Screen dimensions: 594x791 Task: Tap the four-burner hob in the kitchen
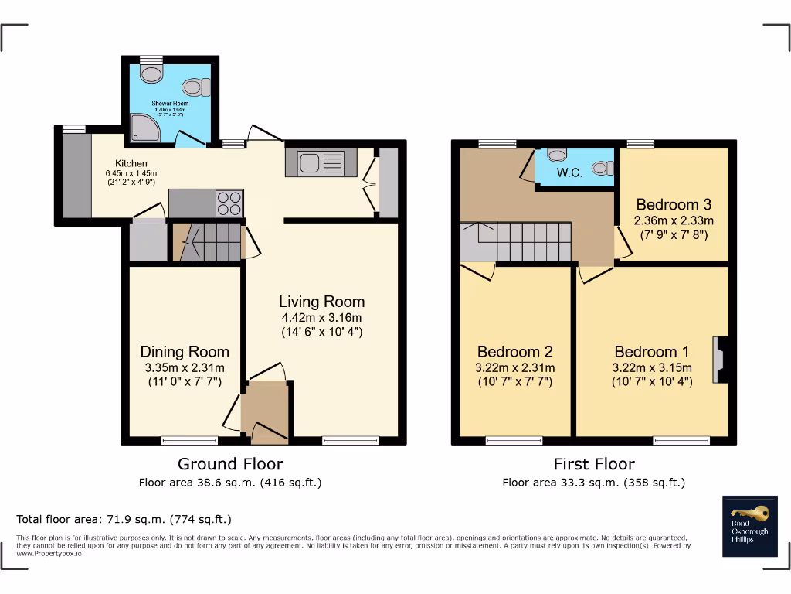(x=229, y=203)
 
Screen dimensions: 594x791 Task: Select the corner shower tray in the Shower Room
(x=145, y=129)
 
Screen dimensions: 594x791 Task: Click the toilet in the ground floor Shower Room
(x=196, y=87)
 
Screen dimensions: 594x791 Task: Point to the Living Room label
(x=321, y=302)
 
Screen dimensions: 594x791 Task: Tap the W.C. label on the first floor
(x=569, y=173)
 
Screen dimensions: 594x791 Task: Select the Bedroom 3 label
(x=674, y=205)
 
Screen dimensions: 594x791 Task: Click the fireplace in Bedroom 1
(x=720, y=360)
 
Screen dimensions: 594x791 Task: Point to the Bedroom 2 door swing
(x=480, y=271)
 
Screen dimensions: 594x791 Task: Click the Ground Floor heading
(x=230, y=464)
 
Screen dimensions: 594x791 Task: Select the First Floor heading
(x=593, y=464)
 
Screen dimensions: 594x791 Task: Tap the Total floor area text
(x=124, y=519)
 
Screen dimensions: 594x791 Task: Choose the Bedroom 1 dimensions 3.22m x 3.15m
(x=652, y=367)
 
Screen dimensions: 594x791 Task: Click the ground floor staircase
(x=207, y=242)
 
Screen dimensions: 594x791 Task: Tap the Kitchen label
(x=131, y=163)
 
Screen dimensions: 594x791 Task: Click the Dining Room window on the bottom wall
(x=189, y=441)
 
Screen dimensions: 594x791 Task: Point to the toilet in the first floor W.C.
(x=603, y=167)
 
